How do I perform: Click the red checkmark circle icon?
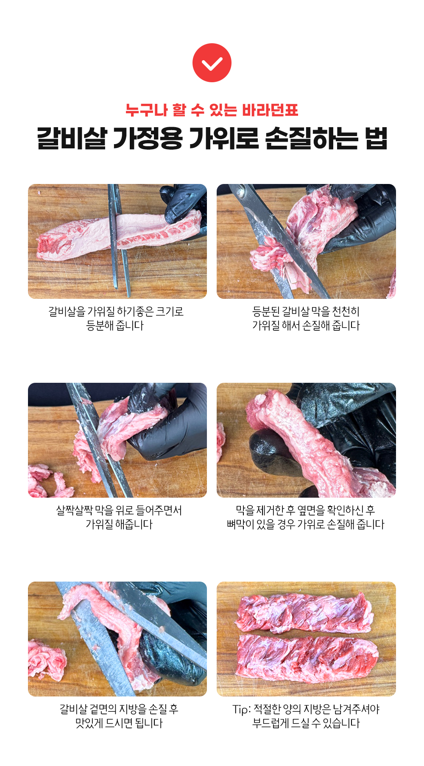click(x=212, y=63)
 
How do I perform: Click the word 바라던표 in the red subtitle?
click(x=270, y=110)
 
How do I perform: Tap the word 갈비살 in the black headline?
click(x=71, y=138)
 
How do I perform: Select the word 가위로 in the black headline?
click(x=223, y=138)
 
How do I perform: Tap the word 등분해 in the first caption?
click(x=100, y=326)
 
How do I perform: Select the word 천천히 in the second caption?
click(x=346, y=312)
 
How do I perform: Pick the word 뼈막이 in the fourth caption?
click(x=240, y=524)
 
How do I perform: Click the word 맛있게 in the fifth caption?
click(x=89, y=723)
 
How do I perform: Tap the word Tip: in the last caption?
click(x=242, y=709)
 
